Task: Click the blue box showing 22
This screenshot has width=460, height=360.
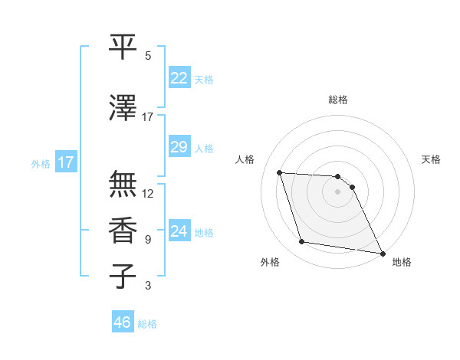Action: [x=179, y=77]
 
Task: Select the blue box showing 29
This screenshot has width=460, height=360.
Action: [x=179, y=147]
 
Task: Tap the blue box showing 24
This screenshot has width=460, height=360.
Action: [x=179, y=231]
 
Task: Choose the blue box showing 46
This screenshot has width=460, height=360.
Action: [x=123, y=322]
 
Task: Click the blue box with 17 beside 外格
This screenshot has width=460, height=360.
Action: [x=65, y=162]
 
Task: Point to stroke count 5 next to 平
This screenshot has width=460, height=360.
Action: [x=148, y=55]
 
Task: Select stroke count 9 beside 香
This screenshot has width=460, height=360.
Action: [x=148, y=240]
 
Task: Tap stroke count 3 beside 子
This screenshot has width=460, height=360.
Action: [x=148, y=286]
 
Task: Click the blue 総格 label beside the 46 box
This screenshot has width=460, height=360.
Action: [x=147, y=324]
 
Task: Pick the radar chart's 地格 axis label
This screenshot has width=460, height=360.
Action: [x=402, y=262]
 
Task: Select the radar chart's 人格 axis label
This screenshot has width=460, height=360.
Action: [x=245, y=159]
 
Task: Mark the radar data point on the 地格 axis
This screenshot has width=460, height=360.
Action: [x=382, y=252]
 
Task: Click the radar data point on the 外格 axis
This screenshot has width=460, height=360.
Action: [x=302, y=243]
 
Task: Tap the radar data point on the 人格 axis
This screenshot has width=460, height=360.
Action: [x=279, y=173]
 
